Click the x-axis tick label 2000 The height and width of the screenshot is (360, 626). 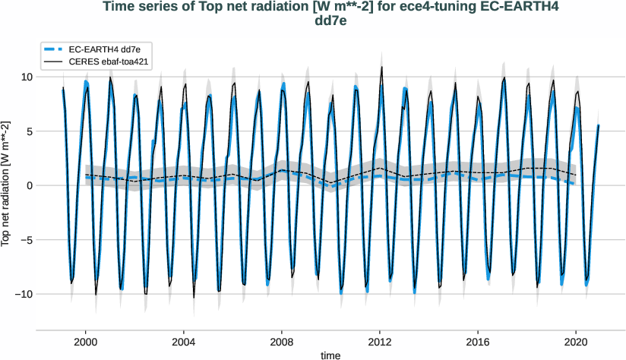tap(85, 342)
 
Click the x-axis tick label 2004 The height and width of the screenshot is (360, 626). tap(183, 342)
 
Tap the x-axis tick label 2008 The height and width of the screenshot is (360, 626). tap(281, 342)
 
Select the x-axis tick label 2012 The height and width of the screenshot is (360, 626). tap(380, 342)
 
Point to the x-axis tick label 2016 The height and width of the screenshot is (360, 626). tap(478, 342)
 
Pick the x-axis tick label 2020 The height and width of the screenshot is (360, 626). tap(576, 342)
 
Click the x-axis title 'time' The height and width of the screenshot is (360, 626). tap(330, 355)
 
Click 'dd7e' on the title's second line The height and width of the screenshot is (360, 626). tap(330, 21)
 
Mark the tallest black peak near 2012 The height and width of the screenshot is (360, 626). tap(381, 67)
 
